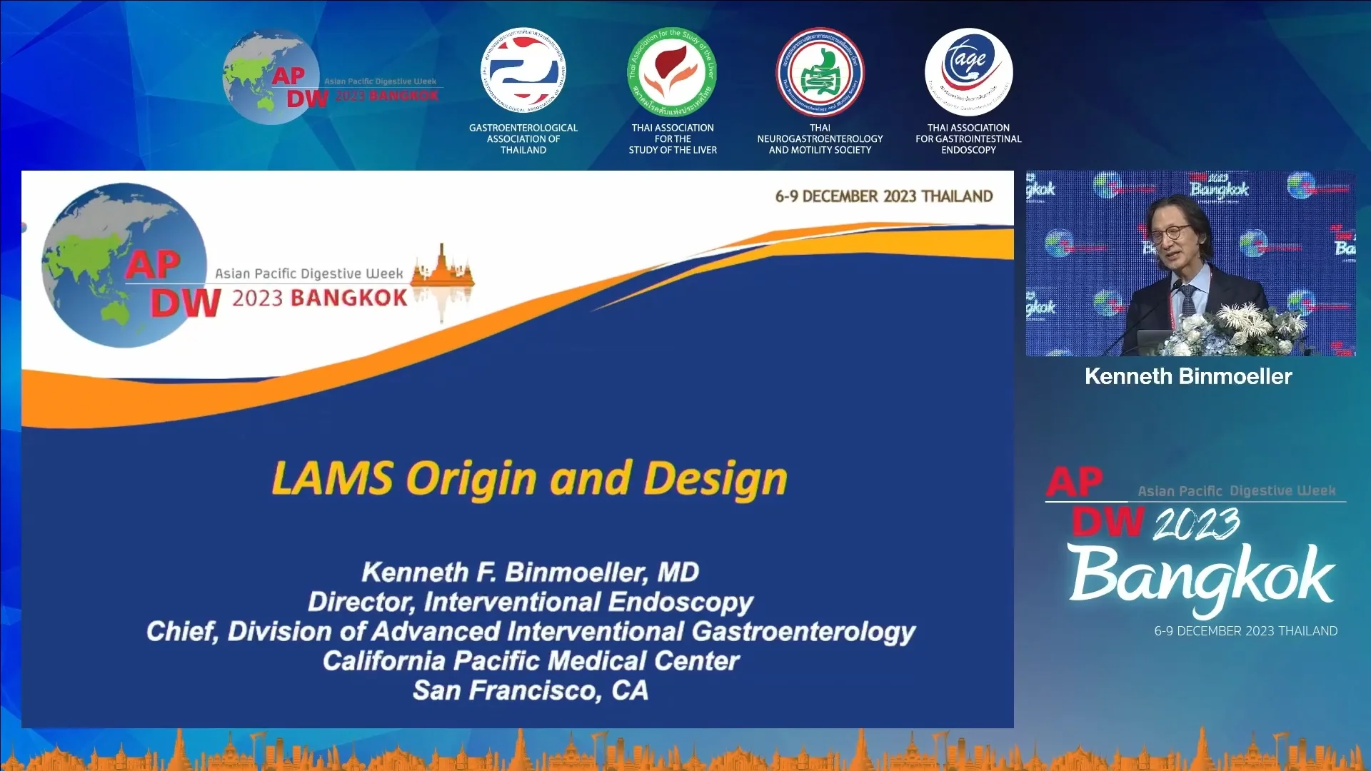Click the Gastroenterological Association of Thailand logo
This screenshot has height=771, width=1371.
(x=523, y=71)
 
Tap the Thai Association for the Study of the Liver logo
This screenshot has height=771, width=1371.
(x=672, y=72)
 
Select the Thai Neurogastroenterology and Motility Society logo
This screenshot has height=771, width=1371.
(x=820, y=72)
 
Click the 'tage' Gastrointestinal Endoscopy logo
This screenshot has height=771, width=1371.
(x=968, y=71)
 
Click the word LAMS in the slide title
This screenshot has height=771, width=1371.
(x=333, y=478)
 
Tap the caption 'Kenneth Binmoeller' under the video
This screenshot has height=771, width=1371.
(x=1188, y=376)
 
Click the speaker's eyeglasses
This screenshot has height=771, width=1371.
(x=1171, y=233)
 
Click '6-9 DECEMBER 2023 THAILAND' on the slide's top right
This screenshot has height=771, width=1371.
(x=884, y=196)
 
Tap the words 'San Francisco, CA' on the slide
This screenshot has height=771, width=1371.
(x=531, y=690)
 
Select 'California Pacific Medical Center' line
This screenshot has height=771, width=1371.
(x=531, y=661)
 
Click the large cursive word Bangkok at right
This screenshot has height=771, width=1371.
(x=1201, y=575)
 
